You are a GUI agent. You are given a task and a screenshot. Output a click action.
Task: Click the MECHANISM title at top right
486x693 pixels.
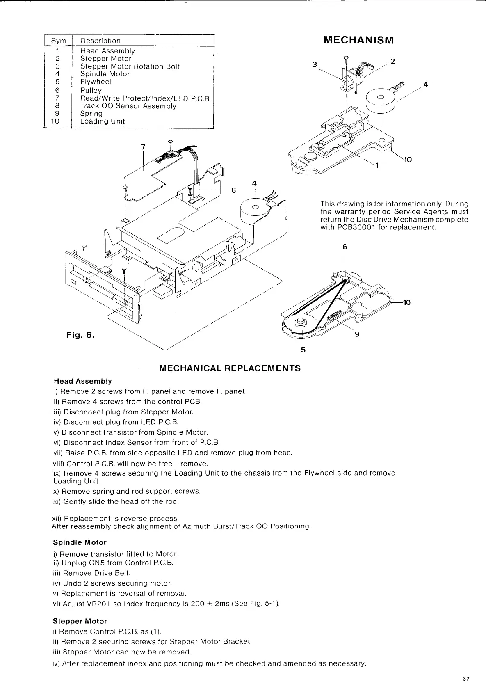[x=358, y=40]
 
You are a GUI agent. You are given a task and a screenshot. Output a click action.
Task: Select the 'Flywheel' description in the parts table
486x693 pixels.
[x=96, y=82]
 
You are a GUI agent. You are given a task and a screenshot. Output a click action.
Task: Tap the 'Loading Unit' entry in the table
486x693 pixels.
[x=103, y=121]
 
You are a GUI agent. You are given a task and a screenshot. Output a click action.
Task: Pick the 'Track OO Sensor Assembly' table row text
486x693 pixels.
[x=128, y=106]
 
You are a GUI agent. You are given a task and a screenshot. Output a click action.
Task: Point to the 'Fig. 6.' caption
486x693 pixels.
[x=80, y=335]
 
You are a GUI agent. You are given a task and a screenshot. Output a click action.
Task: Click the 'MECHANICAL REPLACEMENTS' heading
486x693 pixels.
[x=230, y=368]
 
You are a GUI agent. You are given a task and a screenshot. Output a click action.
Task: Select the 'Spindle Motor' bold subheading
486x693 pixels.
[x=80, y=542]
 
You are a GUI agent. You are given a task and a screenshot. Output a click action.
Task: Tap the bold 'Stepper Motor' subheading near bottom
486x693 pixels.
[x=80, y=621]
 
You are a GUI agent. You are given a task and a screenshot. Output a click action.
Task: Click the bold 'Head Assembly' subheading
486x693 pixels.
[x=82, y=381]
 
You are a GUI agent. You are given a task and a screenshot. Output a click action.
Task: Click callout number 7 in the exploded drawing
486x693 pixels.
[x=143, y=147]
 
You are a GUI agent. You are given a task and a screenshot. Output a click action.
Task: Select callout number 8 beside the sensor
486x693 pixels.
[x=234, y=190]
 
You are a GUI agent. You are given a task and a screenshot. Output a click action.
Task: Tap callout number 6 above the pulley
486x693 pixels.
[x=345, y=247]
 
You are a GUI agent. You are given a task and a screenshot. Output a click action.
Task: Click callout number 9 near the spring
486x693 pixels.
[x=357, y=334]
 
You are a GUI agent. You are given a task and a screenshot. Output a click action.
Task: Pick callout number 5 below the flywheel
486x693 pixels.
[x=303, y=350]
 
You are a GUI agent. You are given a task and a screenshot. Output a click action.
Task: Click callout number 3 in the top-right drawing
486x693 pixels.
[x=315, y=64]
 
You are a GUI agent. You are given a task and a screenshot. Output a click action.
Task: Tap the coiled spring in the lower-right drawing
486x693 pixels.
[x=334, y=315]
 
